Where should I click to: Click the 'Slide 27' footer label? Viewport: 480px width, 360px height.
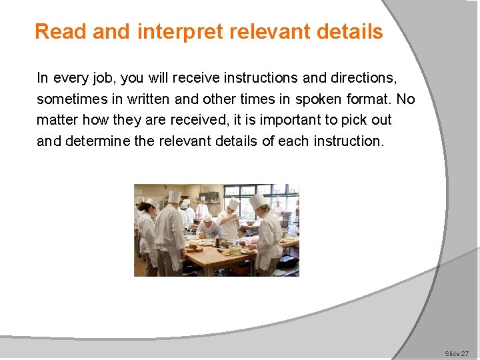[x=457, y=353]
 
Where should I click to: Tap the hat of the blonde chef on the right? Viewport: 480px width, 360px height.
[x=257, y=201]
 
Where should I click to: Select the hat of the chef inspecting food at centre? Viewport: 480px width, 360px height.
[x=233, y=203]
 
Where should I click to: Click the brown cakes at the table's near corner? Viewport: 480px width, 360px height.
[x=195, y=248]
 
